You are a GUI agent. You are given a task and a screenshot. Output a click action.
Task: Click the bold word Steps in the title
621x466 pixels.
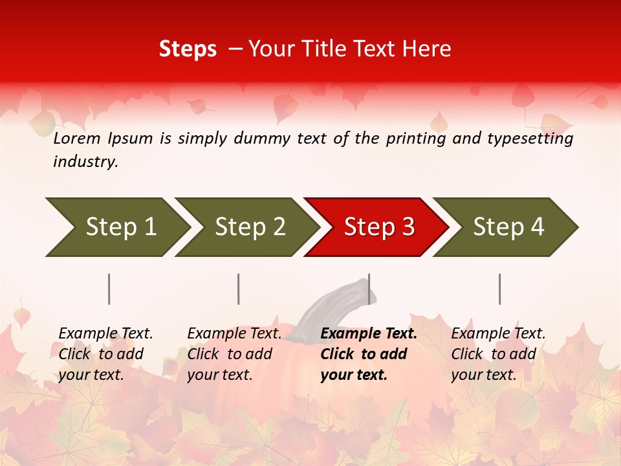[x=188, y=49]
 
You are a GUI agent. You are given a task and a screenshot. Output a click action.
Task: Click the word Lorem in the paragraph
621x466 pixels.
[x=76, y=139]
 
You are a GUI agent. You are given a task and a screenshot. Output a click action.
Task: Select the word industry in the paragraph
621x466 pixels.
[x=85, y=162]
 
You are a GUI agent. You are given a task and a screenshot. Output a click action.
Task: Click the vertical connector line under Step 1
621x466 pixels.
[x=109, y=289]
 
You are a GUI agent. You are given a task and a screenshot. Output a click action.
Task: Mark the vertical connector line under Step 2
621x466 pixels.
[x=239, y=289]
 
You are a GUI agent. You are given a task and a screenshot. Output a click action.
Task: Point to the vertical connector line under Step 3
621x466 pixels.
[x=369, y=289]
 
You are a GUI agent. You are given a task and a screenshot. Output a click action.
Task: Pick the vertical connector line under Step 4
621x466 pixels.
[x=500, y=289]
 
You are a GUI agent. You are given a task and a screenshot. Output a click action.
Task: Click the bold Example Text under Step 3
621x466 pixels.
[x=369, y=334]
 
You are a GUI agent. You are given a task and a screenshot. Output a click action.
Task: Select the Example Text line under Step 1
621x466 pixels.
[x=105, y=334]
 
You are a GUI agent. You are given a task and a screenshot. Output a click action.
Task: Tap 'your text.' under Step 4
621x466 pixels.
[x=483, y=375]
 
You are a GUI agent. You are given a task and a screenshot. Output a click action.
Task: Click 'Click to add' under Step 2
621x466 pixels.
[x=230, y=355]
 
